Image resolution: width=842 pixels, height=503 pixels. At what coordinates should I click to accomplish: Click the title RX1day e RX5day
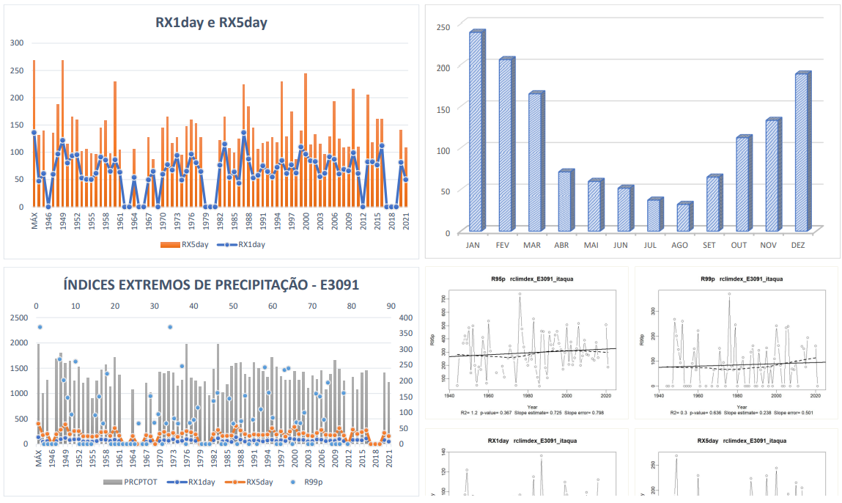(x=211, y=23)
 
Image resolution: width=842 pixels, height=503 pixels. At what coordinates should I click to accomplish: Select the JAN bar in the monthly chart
(x=475, y=132)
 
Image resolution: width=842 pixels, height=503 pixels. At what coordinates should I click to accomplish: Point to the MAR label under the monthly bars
(x=532, y=245)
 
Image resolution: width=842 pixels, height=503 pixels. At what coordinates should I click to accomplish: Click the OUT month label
(x=739, y=245)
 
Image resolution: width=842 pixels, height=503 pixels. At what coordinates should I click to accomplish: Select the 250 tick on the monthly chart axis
(x=443, y=27)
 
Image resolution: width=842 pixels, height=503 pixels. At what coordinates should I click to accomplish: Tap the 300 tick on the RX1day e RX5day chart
(x=17, y=43)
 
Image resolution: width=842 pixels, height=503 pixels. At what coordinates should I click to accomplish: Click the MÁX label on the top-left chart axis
(x=34, y=221)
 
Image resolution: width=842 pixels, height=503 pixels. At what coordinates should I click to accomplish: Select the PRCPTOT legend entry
(x=134, y=482)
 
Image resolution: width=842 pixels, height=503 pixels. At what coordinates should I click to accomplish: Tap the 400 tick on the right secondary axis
(x=405, y=317)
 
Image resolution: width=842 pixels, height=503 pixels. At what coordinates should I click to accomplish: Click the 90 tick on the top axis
(x=391, y=306)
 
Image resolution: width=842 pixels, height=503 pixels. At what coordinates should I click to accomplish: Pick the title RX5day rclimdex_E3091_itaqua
(x=736, y=441)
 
